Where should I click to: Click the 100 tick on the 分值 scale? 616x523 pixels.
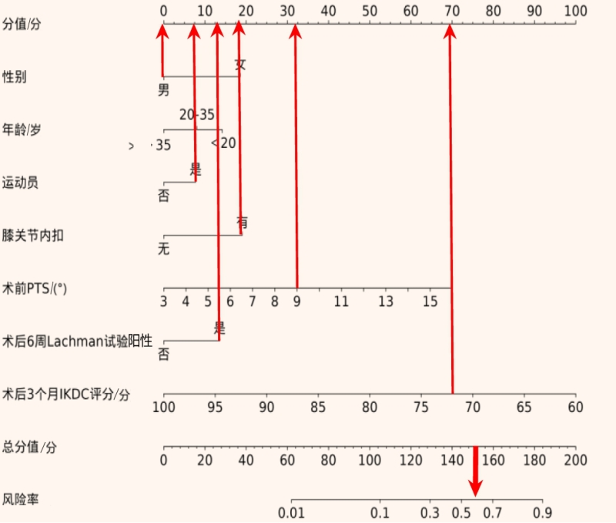pyautogui.click(x=574, y=11)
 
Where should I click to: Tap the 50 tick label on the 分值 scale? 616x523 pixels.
pyautogui.click(x=370, y=11)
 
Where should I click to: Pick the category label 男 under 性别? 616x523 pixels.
pyautogui.click(x=163, y=91)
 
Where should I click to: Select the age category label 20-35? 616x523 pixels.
pyautogui.click(x=197, y=115)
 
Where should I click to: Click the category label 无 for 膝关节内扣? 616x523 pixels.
pyautogui.click(x=163, y=250)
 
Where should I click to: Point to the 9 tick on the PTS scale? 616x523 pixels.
pyautogui.click(x=296, y=302)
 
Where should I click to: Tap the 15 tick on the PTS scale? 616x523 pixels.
pyautogui.click(x=430, y=302)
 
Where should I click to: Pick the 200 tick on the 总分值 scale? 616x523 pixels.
pyautogui.click(x=575, y=461)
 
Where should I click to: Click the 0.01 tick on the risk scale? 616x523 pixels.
pyautogui.click(x=291, y=513)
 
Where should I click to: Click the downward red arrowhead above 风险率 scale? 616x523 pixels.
pyautogui.click(x=475, y=488)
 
